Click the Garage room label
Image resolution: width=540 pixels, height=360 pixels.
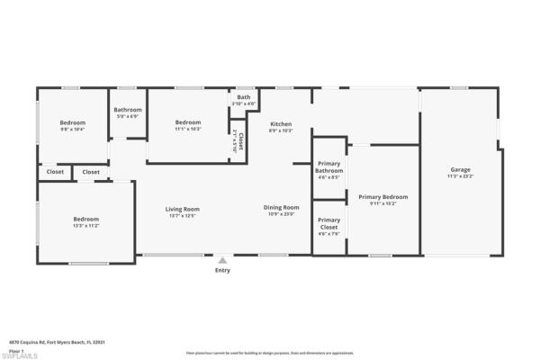coord(461,169)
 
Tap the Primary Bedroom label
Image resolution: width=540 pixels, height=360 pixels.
coord(382,196)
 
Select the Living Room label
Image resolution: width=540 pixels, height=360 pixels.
coord(181,209)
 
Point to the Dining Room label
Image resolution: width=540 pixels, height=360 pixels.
coord(281,207)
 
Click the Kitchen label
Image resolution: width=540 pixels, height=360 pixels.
coord(281,123)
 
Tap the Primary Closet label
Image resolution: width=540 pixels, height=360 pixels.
coord(328,223)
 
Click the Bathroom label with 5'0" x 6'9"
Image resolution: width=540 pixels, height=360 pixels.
coord(128,110)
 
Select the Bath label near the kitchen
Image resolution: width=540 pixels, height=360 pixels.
coord(244,96)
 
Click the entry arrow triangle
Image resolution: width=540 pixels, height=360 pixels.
coord(222,260)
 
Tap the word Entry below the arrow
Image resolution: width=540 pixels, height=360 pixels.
coord(222,270)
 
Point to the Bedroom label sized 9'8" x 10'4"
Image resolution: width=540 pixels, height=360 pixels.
coord(73,122)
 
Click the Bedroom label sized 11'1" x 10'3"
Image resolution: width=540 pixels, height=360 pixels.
coord(188,122)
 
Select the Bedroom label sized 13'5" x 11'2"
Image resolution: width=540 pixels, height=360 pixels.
coord(85,219)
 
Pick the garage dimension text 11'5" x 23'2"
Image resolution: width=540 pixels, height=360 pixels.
coord(461,176)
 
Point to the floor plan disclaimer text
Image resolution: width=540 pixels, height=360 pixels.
coord(269,353)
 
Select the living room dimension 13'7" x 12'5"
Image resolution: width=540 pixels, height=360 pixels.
coord(181,215)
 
